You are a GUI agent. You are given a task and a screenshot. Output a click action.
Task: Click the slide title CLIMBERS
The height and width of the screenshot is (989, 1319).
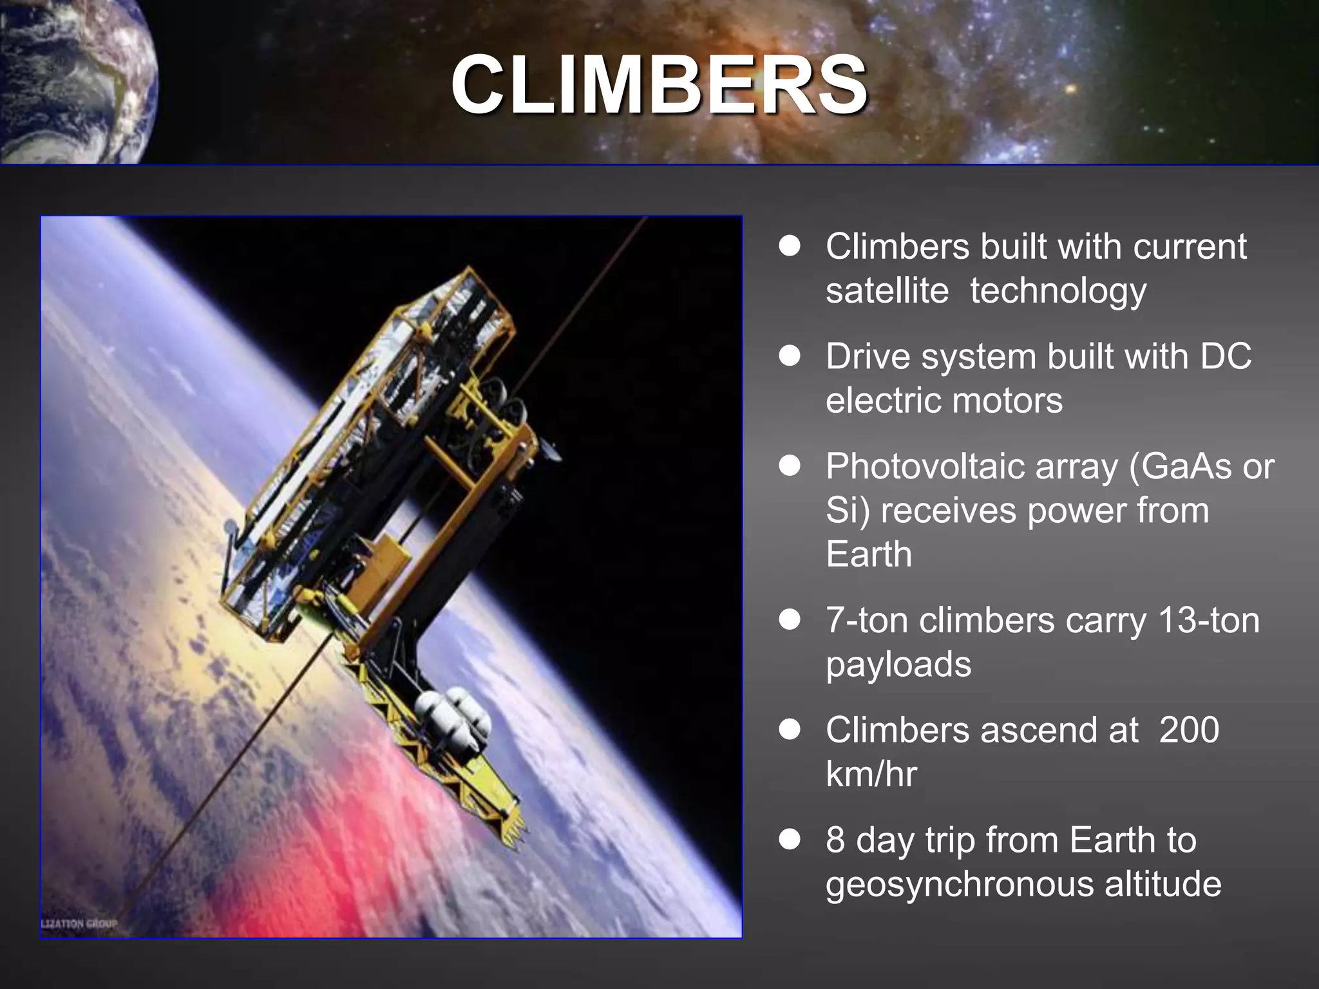point(658,84)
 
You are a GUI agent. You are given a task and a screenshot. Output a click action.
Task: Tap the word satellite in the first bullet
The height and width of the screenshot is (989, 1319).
point(887,290)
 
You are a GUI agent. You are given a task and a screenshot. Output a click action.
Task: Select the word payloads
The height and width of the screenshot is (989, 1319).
point(898,664)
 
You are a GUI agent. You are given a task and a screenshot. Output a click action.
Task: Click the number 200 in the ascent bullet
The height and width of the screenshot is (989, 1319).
point(1189,730)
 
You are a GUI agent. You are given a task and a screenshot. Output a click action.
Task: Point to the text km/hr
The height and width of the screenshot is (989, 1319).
point(871,774)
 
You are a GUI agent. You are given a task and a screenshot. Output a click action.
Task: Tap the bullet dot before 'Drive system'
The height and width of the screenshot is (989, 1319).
point(790,356)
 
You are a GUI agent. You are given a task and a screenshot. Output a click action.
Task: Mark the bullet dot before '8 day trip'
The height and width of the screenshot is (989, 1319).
point(790,840)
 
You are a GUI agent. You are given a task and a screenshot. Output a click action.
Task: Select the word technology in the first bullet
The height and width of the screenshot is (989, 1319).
point(1058,290)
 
